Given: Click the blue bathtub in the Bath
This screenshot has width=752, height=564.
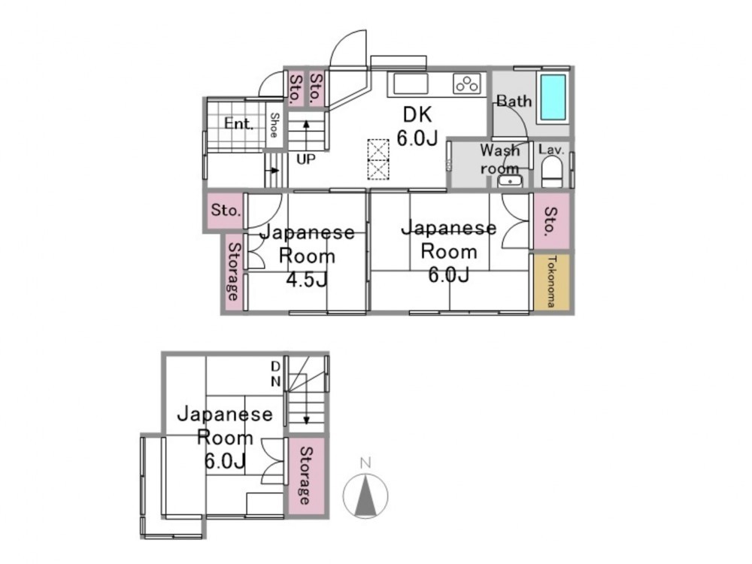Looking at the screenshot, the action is (x=553, y=97).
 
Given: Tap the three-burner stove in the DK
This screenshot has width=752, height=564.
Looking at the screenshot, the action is (x=467, y=84).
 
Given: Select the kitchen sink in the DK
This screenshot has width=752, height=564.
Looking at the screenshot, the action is (x=411, y=84).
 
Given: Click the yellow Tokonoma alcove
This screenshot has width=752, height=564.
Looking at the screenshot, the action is (x=551, y=282).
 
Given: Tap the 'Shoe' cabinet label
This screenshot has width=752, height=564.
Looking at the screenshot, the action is (x=274, y=125).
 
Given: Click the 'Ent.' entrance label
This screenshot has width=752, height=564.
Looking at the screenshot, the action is (x=238, y=124).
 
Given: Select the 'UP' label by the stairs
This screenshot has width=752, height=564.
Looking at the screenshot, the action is (x=305, y=159).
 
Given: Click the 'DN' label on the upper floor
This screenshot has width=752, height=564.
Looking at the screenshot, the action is (x=276, y=374).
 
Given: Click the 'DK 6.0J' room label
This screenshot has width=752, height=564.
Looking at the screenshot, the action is (x=417, y=126).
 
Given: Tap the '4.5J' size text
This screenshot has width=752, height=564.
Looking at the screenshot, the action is (x=307, y=279).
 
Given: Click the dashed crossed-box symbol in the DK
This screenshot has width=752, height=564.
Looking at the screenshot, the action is (x=378, y=159).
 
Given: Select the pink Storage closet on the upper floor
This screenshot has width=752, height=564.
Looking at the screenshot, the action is (x=306, y=475).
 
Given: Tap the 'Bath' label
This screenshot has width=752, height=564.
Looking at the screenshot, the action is (x=514, y=102).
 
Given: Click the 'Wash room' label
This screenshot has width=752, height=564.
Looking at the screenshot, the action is (x=500, y=159).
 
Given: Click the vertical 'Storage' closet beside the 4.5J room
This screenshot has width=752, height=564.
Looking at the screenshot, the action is (x=235, y=271).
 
